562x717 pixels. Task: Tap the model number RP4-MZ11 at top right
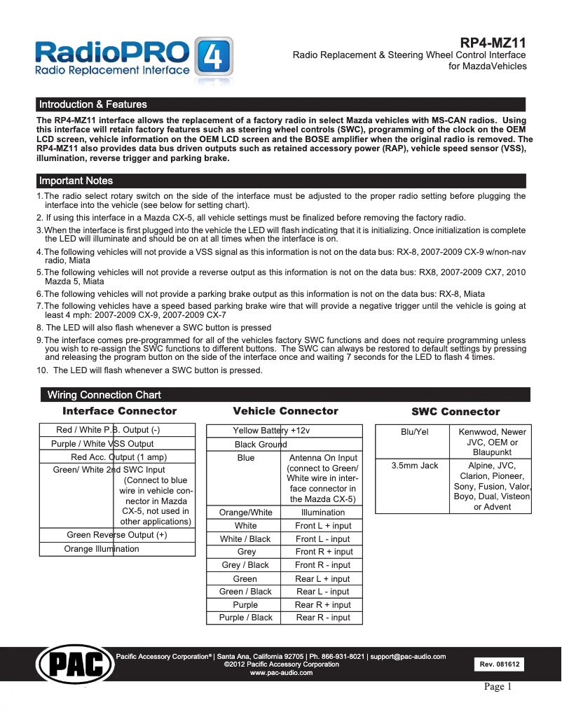(493, 43)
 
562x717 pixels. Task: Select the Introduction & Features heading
(93, 104)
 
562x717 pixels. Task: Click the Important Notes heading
(76, 181)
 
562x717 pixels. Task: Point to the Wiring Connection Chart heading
(104, 395)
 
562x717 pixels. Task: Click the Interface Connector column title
(119, 411)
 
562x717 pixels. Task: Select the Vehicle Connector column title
(285, 411)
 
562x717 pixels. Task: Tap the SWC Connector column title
(455, 412)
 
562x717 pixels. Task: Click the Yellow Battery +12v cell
(271, 431)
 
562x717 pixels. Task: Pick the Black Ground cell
(261, 444)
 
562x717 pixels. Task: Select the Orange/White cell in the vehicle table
(245, 513)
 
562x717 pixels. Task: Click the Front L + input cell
(323, 526)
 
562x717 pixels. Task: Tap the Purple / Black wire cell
(245, 618)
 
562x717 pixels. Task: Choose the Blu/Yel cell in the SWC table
(414, 432)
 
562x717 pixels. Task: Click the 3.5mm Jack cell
(414, 465)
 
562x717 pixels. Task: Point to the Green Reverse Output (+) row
(116, 535)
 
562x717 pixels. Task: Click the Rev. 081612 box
(500, 664)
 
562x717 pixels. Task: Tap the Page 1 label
(498, 687)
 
